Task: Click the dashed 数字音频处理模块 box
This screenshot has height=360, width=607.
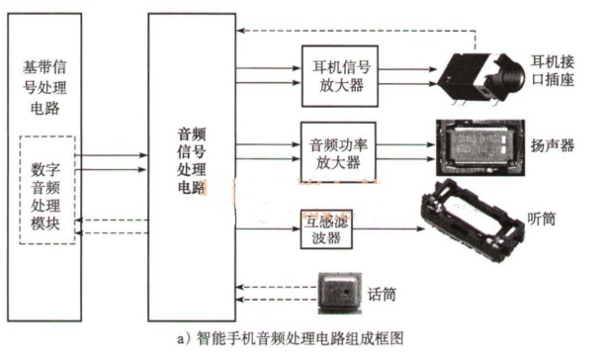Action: [20, 190]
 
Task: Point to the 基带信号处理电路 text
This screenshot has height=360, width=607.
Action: [44, 88]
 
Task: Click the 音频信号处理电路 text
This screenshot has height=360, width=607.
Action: [192, 160]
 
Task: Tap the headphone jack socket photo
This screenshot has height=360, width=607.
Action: [481, 78]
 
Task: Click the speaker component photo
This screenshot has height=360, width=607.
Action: [480, 147]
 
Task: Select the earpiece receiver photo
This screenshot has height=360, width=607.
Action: [473, 220]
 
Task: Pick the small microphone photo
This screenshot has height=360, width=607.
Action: [339, 293]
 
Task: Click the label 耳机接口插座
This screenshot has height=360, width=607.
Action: [553, 70]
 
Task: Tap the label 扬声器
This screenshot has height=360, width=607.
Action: [553, 146]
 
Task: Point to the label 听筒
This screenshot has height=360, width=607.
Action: [542, 220]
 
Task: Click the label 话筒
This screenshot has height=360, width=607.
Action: [382, 295]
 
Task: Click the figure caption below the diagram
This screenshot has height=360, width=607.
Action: [291, 338]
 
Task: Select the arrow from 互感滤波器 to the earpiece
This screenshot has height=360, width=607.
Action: [389, 228]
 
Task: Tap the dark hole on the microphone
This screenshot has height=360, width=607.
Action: [346, 292]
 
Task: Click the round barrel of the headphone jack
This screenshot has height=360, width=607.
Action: [509, 75]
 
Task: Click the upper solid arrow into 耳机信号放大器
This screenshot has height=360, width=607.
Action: [268, 68]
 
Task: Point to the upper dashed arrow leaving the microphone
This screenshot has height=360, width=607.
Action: [277, 287]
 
